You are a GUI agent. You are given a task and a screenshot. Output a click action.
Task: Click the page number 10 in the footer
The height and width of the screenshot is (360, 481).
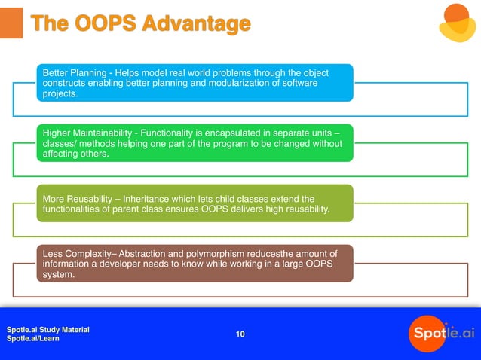coord(240,334)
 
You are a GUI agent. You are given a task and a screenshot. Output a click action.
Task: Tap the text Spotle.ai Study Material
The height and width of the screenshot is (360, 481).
coord(47,330)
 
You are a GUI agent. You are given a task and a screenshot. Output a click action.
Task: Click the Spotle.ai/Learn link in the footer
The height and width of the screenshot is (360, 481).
coord(32,339)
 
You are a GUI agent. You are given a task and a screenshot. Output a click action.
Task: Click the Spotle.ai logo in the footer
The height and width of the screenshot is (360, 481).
coord(441,333)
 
